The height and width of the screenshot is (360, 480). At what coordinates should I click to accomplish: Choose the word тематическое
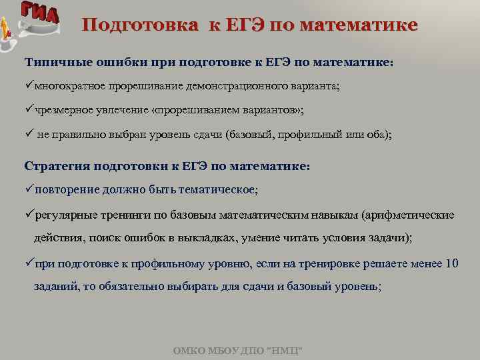tap(213, 189)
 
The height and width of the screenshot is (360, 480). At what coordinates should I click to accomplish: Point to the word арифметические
tap(410, 215)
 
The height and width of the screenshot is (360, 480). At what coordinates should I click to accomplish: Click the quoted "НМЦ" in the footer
tap(285, 350)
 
